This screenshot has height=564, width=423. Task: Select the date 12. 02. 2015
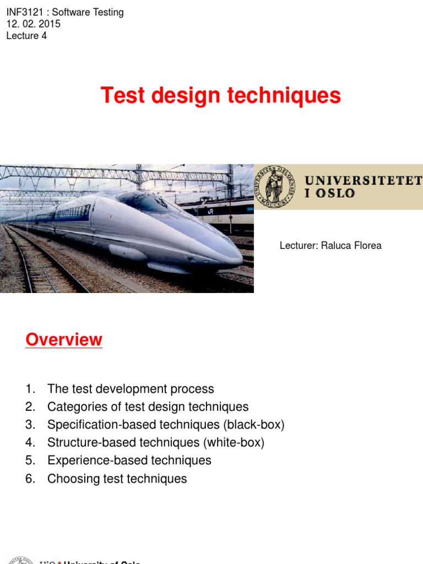point(33,24)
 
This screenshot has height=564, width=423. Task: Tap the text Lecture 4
point(26,36)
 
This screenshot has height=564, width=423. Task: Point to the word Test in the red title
point(118,96)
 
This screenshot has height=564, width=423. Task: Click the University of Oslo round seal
point(274,186)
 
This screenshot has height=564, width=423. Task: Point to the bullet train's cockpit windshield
point(149,202)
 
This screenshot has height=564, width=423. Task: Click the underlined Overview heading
point(64,340)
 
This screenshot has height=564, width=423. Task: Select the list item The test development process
point(131,389)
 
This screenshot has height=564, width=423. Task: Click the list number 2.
point(30,407)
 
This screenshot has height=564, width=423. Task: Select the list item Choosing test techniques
point(117,479)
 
